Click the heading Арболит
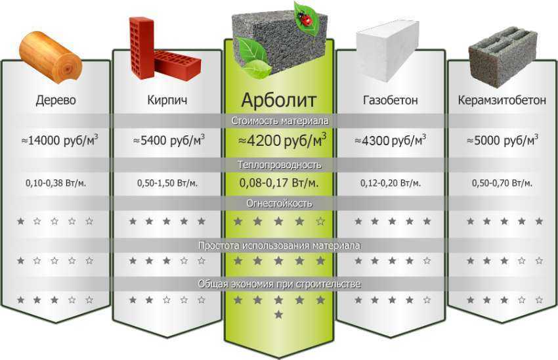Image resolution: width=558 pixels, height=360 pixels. click(278, 100)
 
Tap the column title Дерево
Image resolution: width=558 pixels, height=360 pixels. click(56, 100)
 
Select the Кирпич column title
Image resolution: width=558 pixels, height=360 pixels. click(167, 100)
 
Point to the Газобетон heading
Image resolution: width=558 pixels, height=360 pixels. click(391, 100)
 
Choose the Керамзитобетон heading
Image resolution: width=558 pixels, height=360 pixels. click(502, 100)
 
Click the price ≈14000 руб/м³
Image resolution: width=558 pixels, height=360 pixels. click(60, 140)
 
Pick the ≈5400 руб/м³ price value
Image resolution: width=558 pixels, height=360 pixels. click(169, 140)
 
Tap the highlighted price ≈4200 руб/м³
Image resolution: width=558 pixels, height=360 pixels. click(282, 140)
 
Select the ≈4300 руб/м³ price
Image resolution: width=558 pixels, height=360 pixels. click(391, 140)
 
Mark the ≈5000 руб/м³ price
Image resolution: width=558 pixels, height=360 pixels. click(502, 140)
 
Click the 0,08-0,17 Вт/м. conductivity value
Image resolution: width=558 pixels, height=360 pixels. click(279, 183)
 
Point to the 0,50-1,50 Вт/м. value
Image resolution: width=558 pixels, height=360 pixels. click(167, 183)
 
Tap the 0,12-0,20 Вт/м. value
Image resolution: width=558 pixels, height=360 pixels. click(391, 183)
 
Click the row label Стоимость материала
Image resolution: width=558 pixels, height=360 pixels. click(280, 121)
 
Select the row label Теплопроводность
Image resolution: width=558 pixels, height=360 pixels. click(280, 165)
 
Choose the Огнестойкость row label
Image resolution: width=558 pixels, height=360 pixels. click(280, 204)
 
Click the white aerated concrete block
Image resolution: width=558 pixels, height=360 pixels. click(388, 50)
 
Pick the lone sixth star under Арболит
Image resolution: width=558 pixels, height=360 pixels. click(278, 315)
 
